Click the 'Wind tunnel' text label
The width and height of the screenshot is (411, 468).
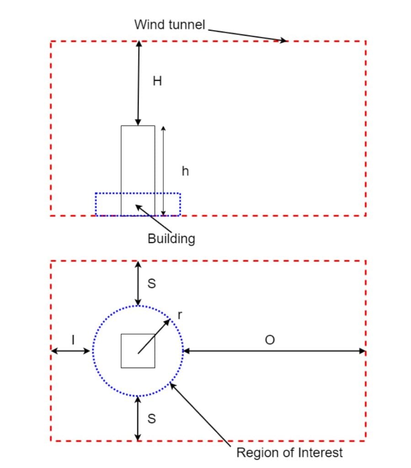coord(170,24)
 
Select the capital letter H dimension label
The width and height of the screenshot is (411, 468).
coord(157,81)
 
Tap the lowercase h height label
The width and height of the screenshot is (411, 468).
coord(185,171)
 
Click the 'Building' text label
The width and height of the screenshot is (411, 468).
coord(171,239)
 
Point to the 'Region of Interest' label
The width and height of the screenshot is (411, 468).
coord(289,453)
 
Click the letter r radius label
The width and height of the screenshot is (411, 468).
coord(180,314)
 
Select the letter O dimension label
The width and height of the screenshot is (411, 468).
coord(270,340)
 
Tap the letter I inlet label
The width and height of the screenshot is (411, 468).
coord(73,339)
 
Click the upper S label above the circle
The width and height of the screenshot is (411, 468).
coord(151,284)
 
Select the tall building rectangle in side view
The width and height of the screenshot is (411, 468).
coord(138,160)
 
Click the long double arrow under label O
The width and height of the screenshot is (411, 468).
coord(274,351)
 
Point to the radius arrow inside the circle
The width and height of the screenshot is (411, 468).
coord(154,336)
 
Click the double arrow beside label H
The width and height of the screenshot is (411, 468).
coord(139,83)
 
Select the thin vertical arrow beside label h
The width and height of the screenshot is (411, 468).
coord(163,170)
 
